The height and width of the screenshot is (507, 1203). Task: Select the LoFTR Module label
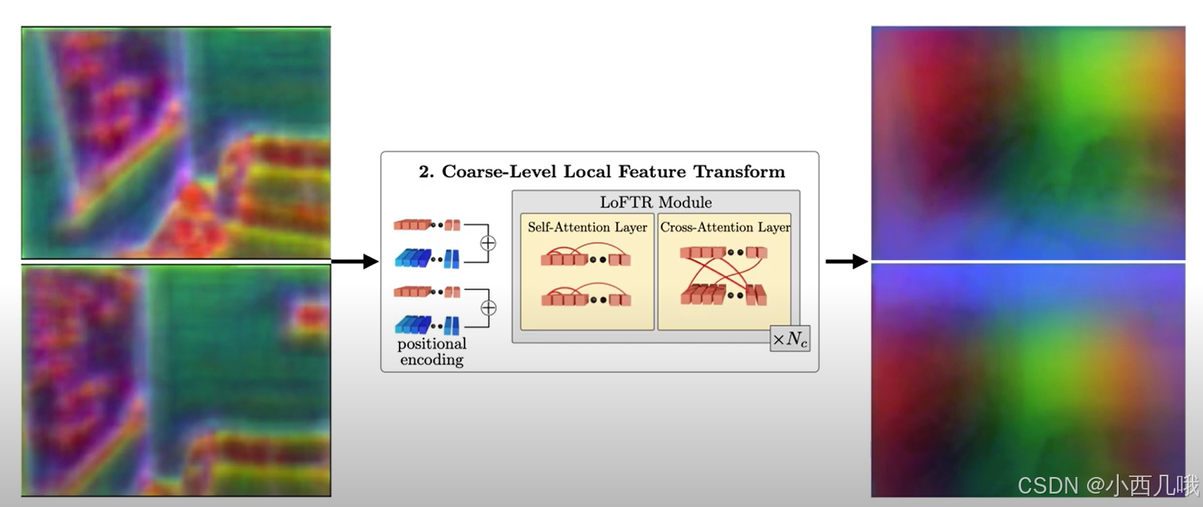(656, 202)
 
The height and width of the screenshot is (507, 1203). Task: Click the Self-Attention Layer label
(587, 227)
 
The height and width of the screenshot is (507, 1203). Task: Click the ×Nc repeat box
(790, 340)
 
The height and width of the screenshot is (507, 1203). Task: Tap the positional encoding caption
(432, 352)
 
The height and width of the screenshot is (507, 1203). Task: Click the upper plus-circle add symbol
(488, 243)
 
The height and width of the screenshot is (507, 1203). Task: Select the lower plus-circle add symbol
(488, 308)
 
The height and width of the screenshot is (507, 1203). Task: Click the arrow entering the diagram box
(355, 261)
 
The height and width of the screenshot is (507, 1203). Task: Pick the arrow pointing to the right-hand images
(847, 261)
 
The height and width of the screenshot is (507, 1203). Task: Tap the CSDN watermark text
(1108, 485)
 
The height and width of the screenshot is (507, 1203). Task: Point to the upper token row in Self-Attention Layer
(587, 259)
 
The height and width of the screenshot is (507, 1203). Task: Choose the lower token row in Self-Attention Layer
(587, 299)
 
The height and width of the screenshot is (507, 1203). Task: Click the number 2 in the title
(423, 172)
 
